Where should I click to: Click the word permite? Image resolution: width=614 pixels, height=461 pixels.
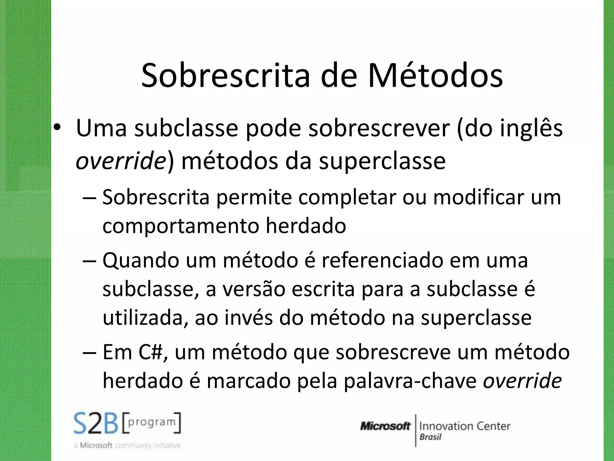(254, 197)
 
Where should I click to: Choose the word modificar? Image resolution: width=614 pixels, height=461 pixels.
(478, 197)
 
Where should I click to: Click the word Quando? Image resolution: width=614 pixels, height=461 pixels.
(141, 261)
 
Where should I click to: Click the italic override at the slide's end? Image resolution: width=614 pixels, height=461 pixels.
(522, 381)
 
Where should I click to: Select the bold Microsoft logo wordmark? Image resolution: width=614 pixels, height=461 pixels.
(385, 426)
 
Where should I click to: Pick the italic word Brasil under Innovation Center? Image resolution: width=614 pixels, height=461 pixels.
(430, 437)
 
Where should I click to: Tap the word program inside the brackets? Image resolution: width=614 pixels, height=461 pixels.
(152, 422)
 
